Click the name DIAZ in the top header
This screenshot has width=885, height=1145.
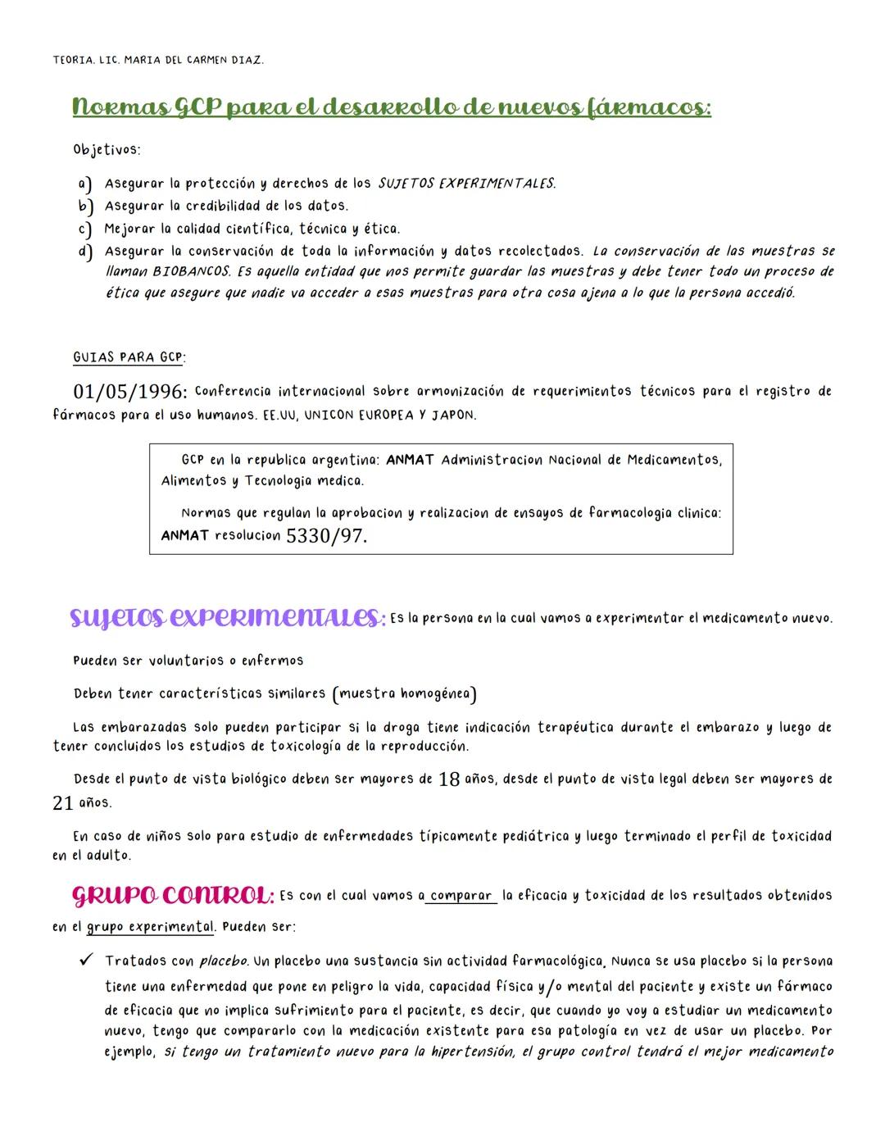[246, 60]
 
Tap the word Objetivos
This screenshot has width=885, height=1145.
[107, 150]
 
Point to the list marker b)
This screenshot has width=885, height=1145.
[84, 206]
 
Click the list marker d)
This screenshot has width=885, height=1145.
[84, 252]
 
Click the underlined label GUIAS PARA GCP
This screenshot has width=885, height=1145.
[129, 357]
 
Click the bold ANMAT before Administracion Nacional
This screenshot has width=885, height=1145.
[410, 460]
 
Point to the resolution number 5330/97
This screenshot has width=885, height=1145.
[326, 537]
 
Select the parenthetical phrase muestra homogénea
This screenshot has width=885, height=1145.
[405, 694]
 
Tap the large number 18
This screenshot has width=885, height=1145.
[449, 779]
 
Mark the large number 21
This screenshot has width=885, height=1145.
[63, 804]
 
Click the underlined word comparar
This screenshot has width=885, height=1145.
[461, 896]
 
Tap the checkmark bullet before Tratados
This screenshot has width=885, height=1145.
[84, 960]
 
